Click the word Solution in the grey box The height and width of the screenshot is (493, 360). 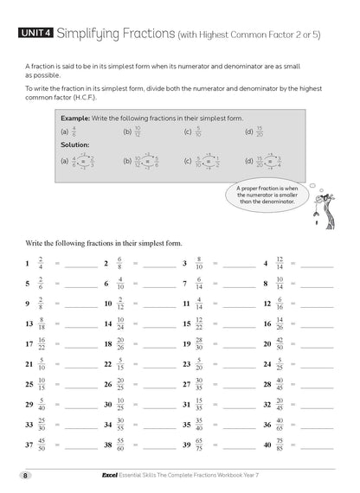tap(75, 145)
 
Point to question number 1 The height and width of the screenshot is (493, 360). tap(28, 263)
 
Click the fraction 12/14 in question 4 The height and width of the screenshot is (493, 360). tap(279, 263)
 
